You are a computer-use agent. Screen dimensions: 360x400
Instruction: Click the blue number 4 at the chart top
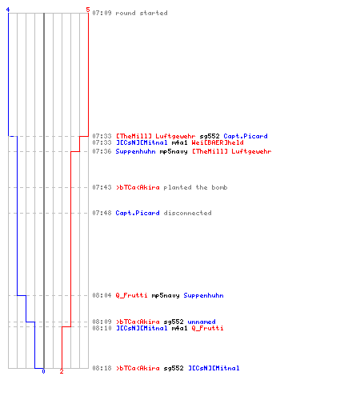coord(8,10)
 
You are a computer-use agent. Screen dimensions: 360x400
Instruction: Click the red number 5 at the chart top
coord(88,10)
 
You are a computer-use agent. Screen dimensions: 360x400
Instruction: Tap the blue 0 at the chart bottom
coord(43,371)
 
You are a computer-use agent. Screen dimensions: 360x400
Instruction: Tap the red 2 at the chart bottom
coord(62,371)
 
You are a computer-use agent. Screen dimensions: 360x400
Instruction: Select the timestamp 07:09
coord(102,13)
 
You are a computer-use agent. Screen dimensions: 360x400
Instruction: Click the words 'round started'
coord(142,13)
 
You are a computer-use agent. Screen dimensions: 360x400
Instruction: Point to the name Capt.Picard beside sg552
coord(246,136)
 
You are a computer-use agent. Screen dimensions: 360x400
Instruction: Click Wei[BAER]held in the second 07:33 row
coord(218,142)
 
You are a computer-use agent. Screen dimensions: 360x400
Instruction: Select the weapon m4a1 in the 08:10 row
coord(179,328)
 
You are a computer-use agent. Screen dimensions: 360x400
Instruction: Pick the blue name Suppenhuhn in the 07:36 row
coord(135,152)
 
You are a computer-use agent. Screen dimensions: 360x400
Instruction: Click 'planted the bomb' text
coord(195,187)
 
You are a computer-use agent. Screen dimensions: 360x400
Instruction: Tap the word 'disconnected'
coord(188,213)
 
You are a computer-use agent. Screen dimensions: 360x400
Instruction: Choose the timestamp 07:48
coord(102,213)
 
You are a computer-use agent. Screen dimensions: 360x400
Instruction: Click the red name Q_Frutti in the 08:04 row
coord(131,295)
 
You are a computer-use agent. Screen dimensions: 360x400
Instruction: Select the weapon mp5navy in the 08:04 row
coord(166,296)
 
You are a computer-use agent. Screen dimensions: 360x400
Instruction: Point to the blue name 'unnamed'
coord(202,322)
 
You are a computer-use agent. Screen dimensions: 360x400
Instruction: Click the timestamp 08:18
coord(102,368)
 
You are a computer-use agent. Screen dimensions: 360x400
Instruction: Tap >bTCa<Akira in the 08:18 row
coord(138,368)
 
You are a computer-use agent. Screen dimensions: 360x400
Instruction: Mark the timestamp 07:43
coord(102,187)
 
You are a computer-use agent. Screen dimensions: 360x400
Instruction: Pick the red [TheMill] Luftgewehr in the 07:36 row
coord(232,152)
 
